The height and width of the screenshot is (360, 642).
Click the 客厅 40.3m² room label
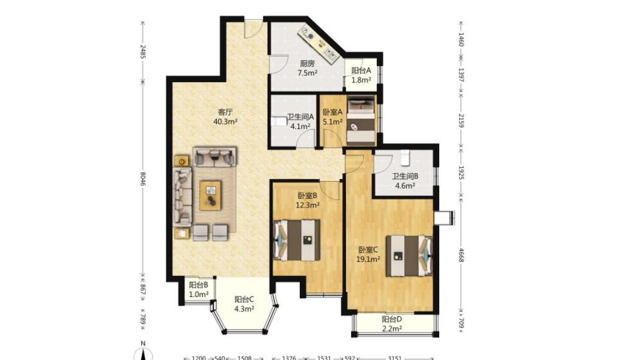tap(225, 117)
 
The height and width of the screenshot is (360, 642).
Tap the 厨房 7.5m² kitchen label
tap(308, 68)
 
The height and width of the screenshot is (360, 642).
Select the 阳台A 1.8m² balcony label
tap(361, 75)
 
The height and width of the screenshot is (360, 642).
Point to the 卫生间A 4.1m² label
tap(300, 121)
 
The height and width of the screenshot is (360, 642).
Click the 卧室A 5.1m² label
tap(333, 117)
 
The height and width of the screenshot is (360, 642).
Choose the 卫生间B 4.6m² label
tap(405, 181)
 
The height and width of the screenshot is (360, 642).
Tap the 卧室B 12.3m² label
tap(308, 200)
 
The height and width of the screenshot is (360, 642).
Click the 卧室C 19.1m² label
tap(368, 254)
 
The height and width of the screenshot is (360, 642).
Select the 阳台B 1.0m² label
tap(198, 289)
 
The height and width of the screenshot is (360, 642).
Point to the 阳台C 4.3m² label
tap(244, 304)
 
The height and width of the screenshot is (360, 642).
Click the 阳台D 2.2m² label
tap(392, 323)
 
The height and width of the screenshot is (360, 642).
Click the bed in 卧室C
tap(410, 255)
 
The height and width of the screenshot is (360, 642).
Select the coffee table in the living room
tap(211, 195)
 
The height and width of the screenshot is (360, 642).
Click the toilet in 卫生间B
tap(405, 158)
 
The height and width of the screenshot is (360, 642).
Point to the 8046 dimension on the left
tap(143, 178)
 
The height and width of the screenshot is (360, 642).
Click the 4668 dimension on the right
tap(461, 255)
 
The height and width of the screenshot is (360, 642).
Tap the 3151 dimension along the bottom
tap(395, 358)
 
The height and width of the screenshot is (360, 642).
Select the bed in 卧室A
tap(361, 121)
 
